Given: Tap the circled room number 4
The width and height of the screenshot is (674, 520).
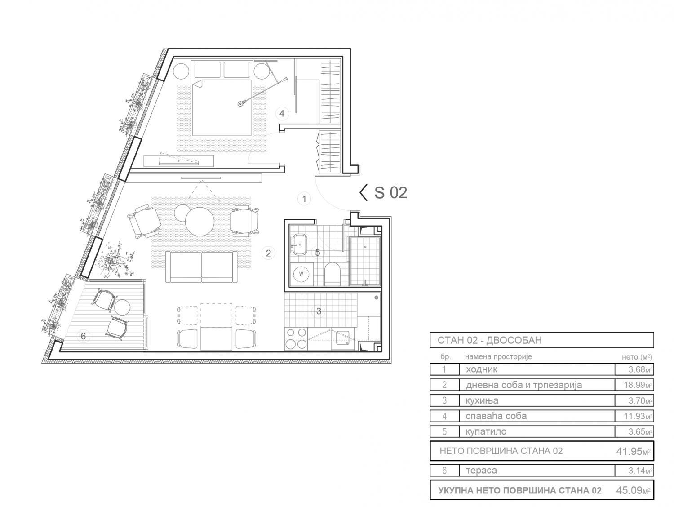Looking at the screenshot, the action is [x=282, y=114].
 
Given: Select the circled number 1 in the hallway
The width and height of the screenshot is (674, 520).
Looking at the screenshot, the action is [x=304, y=199].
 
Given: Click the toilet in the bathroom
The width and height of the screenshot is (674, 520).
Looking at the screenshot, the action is [x=332, y=274].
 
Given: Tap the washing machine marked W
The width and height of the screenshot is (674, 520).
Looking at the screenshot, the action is [x=301, y=274].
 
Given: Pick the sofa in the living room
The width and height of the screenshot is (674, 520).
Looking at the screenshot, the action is [x=202, y=267].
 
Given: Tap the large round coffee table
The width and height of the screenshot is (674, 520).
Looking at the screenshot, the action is [x=200, y=222].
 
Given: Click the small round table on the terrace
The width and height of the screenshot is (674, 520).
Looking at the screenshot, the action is [x=122, y=307].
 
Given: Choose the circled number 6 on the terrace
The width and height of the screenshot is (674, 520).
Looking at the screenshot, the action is [x=83, y=336].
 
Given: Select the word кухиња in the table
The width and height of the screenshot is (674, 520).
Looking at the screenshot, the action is [x=482, y=400].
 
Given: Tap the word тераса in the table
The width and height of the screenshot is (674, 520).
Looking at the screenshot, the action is [x=481, y=471].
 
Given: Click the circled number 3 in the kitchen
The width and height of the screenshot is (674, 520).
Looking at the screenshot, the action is [x=319, y=311].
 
